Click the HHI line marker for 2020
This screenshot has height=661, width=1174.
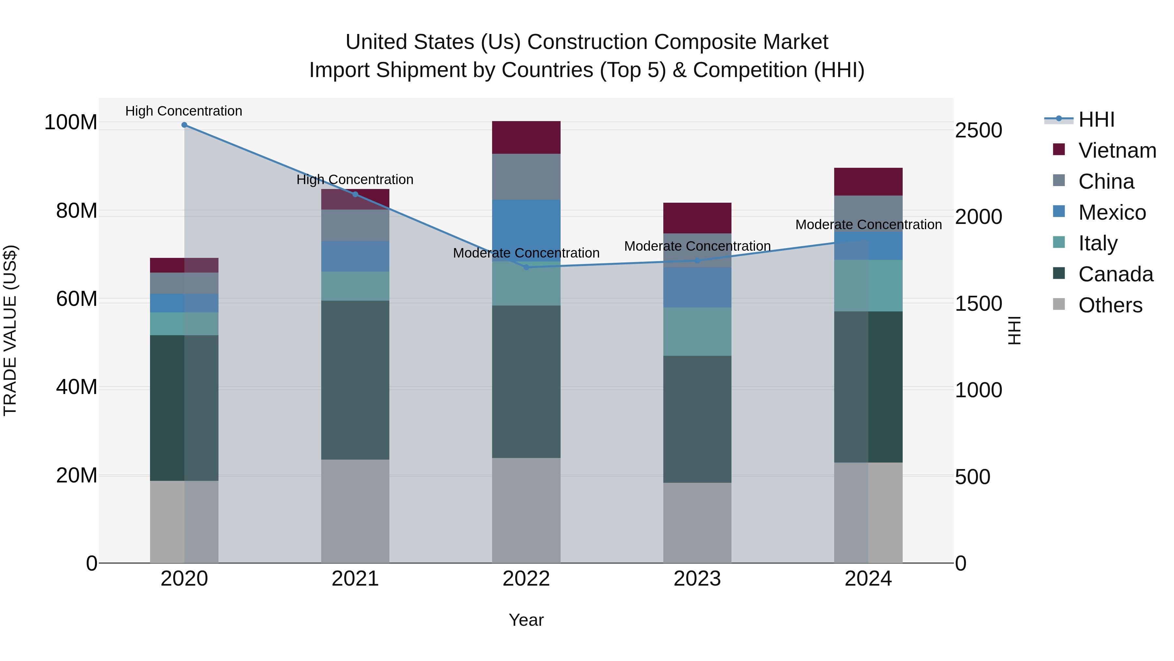tap(184, 125)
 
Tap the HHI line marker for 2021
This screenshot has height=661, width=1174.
tap(355, 194)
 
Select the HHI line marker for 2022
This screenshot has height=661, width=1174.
tap(526, 267)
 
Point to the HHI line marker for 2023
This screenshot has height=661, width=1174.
tap(697, 261)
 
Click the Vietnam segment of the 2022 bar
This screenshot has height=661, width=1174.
tap(526, 137)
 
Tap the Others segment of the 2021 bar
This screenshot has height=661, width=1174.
tap(355, 511)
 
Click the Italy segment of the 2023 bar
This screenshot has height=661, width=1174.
tap(697, 332)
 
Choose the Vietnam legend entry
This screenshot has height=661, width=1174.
tap(1117, 150)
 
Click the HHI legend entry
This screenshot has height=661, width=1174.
tap(1096, 119)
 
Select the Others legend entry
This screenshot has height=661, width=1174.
tap(1110, 305)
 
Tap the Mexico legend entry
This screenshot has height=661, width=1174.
tap(1112, 212)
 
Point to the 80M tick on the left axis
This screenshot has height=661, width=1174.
tap(77, 211)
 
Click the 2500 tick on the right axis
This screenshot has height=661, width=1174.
tap(978, 131)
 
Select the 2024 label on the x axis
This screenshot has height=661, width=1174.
tap(868, 579)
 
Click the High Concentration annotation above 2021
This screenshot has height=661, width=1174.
tap(355, 180)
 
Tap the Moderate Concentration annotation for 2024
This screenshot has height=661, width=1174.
tap(868, 225)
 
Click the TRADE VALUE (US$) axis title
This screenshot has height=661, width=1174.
tap(10, 330)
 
